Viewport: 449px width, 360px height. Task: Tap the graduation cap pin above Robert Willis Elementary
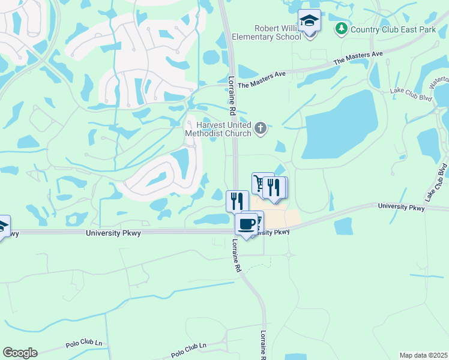tap(309, 20)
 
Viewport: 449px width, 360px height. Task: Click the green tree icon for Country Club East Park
tap(342, 28)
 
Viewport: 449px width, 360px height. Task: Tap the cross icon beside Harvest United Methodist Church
tap(261, 127)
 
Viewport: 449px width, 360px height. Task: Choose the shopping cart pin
tap(261, 182)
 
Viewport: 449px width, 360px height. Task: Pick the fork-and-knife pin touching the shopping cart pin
tap(275, 187)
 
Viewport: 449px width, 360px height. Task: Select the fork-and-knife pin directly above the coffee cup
tap(237, 200)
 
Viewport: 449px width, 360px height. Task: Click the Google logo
tap(20, 353)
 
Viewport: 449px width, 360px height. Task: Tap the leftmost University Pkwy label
tap(113, 233)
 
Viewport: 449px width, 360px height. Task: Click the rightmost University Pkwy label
tap(401, 207)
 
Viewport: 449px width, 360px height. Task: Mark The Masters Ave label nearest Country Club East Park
tap(358, 58)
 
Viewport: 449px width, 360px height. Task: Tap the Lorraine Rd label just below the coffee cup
tap(236, 257)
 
